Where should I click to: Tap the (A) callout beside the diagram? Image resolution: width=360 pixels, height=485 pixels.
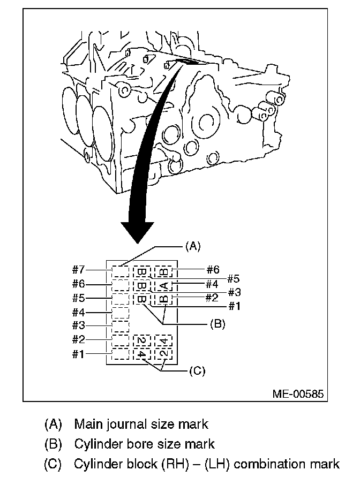[x=192, y=246]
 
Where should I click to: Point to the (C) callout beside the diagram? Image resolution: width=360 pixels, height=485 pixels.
[x=198, y=370]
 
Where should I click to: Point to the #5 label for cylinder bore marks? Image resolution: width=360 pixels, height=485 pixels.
[x=234, y=278]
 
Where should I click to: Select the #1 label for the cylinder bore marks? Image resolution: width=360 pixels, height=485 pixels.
[x=234, y=306]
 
